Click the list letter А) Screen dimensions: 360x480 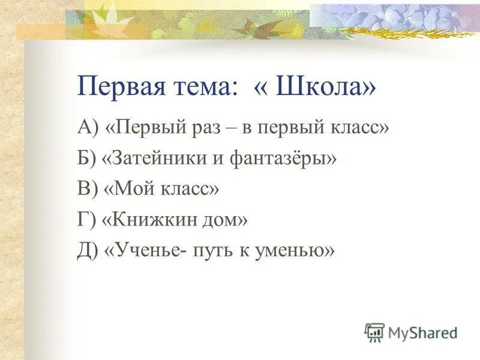(x=88, y=128)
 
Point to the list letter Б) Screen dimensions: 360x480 (x=86, y=159)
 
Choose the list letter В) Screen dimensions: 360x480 (x=86, y=190)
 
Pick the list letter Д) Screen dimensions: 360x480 (x=88, y=251)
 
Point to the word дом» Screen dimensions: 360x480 (x=227, y=220)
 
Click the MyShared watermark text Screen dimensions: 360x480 (x=424, y=332)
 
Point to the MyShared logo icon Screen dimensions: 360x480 (x=374, y=331)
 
